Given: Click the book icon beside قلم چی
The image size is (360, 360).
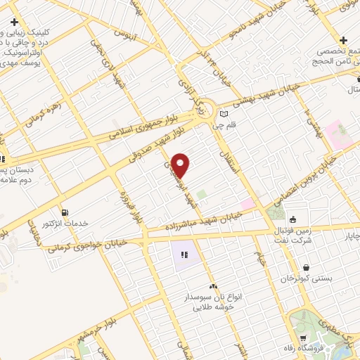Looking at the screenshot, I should pos(224,115).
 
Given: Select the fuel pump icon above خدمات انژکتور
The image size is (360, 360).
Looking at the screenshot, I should pos(65,212).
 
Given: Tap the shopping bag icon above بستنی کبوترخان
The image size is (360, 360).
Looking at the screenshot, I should pos(307,267).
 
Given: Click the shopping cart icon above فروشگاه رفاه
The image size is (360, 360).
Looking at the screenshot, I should pos(304,338).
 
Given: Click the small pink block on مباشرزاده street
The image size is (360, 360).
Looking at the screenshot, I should pos(247,204).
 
